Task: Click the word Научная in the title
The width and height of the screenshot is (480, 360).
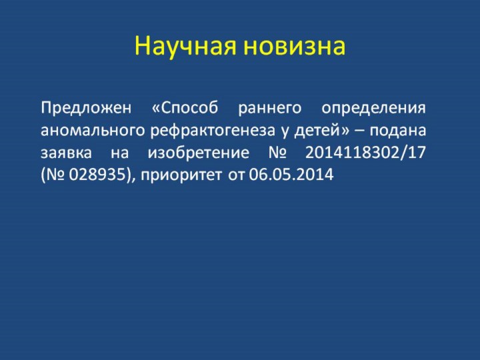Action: tap(185, 46)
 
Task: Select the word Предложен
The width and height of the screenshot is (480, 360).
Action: tap(86, 109)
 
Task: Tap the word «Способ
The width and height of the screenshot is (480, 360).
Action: tap(185, 107)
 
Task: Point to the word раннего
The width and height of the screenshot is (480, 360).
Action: tap(270, 109)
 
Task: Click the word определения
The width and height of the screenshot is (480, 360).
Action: tap(373, 109)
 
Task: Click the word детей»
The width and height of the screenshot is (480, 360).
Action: tap(321, 131)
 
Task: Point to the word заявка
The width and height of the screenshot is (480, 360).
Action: tap(66, 153)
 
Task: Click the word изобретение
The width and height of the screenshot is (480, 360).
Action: tap(199, 152)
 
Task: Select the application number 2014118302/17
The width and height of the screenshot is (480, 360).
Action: tap(365, 152)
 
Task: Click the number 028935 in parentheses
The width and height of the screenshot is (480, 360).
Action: tap(97, 175)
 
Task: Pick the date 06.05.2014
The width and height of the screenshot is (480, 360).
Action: tap(291, 175)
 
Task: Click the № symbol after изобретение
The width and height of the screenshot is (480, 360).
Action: tap(277, 153)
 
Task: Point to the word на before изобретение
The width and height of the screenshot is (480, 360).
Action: tap(120, 153)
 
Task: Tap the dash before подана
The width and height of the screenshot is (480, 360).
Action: tap(360, 131)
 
